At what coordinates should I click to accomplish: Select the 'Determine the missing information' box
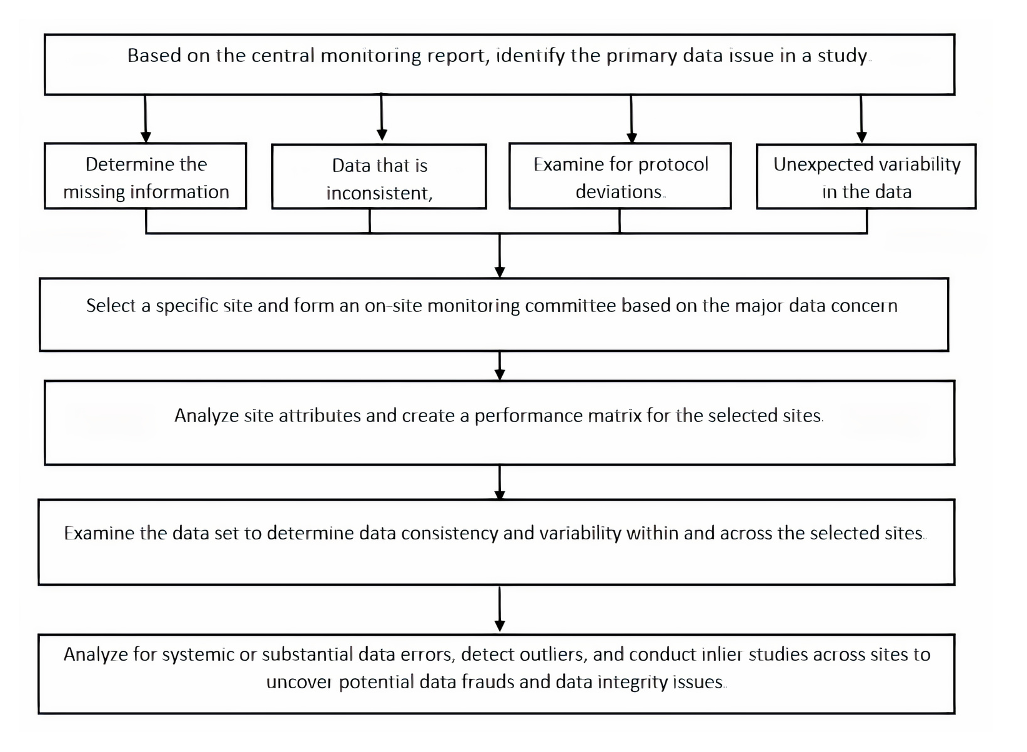click(x=146, y=176)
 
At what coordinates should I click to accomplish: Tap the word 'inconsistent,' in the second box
click(x=380, y=193)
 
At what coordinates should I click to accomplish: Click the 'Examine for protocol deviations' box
click(x=620, y=176)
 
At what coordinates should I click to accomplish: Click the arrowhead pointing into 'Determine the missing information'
click(x=146, y=137)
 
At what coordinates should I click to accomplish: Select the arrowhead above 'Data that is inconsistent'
click(x=382, y=134)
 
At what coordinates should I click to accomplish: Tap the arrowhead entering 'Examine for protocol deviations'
click(x=632, y=137)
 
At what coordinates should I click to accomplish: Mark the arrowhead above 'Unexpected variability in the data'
click(x=861, y=137)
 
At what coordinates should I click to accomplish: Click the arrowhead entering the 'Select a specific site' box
click(x=500, y=272)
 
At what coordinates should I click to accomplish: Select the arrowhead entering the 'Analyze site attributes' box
click(x=500, y=374)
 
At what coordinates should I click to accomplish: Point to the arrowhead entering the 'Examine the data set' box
click(x=500, y=494)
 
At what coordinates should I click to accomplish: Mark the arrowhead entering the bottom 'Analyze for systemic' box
click(x=500, y=626)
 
